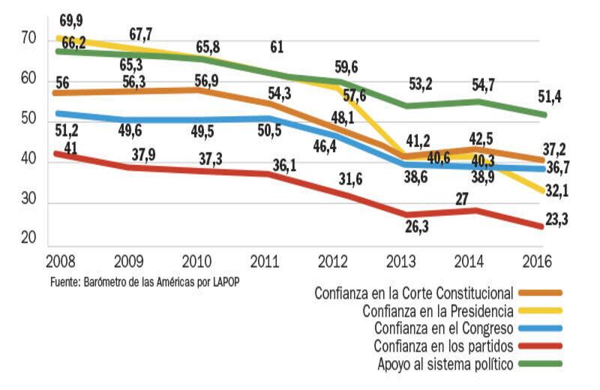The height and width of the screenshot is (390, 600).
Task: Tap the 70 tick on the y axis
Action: [x=28, y=37]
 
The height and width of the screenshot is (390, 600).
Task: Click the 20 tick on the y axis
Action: [x=28, y=238]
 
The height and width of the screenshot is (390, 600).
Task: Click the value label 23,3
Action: [x=556, y=220]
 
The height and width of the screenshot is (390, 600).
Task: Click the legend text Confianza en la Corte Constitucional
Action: [x=414, y=292]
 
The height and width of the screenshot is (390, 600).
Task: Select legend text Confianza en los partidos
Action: [x=442, y=346]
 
